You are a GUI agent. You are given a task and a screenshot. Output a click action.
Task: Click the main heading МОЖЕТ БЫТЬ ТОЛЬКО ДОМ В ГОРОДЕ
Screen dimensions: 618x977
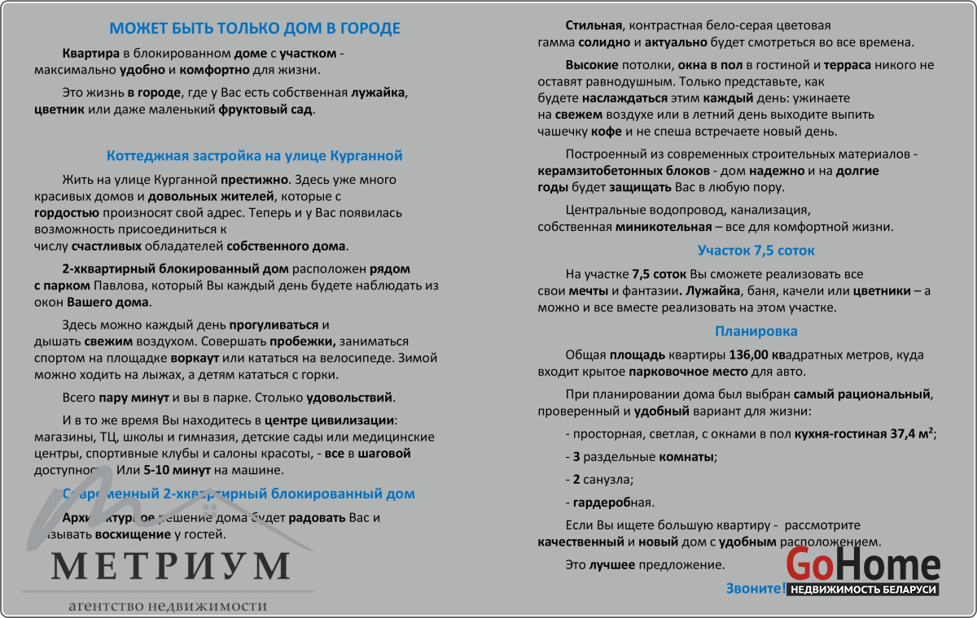255,28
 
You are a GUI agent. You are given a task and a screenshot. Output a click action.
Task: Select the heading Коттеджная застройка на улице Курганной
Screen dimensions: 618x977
255,155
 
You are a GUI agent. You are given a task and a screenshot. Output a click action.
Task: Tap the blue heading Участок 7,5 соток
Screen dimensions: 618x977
756,250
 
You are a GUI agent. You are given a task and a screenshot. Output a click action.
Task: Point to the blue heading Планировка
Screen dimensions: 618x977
756,331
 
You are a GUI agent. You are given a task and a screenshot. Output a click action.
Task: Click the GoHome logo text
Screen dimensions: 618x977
863,564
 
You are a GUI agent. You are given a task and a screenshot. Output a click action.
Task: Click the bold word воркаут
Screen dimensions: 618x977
195,358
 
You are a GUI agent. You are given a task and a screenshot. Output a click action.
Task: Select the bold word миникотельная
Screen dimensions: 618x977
661,227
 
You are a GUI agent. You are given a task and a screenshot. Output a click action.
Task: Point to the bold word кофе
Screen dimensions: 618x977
607,132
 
